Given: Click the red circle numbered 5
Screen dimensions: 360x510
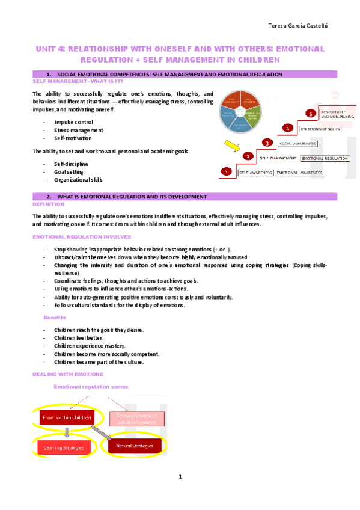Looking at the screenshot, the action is tap(310, 113).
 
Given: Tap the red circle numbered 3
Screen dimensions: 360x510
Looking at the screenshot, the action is tap(267, 143).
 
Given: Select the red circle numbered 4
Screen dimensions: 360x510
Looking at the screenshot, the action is tap(288, 128).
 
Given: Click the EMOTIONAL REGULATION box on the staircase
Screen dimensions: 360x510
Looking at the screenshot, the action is tap(325, 158).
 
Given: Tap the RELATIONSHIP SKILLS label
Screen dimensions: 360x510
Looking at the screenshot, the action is tap(320, 129).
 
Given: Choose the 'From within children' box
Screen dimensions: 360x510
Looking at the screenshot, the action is tap(66, 417).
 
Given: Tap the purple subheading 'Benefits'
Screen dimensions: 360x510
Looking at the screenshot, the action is tap(55, 317).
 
